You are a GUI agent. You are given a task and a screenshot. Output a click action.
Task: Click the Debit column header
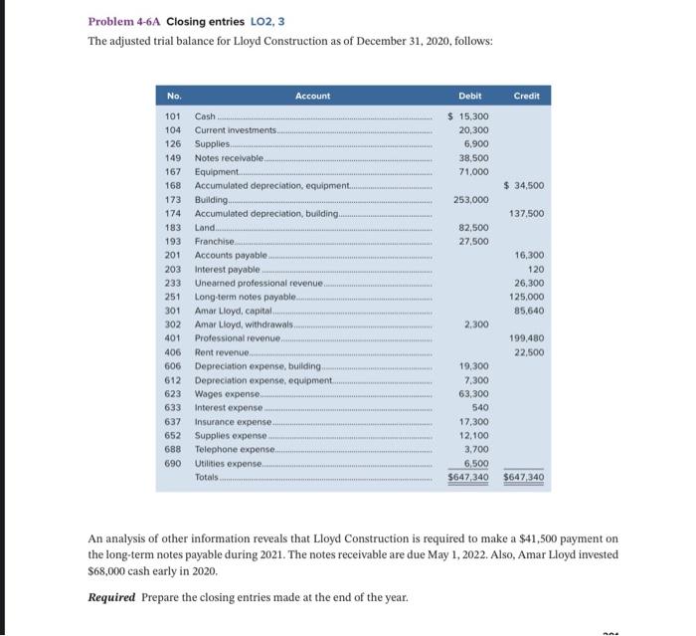pos(470,96)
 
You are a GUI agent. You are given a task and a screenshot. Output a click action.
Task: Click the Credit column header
pos(527,96)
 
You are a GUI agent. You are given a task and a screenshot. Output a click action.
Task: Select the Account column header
pos(312,96)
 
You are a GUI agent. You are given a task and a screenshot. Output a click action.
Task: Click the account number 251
pos(171,297)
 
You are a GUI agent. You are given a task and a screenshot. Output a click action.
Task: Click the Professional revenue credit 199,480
pos(528,338)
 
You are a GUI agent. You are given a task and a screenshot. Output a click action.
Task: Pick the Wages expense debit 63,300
pos(472,393)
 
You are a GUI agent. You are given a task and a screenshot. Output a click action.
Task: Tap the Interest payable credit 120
pos(535,269)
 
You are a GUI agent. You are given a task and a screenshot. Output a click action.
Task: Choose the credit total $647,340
pos(524,478)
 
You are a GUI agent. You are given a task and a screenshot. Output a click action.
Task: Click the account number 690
pos(171,463)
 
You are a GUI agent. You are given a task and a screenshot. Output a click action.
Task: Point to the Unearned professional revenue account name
pos(260,283)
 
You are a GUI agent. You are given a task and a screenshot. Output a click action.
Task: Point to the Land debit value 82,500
pos(472,227)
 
